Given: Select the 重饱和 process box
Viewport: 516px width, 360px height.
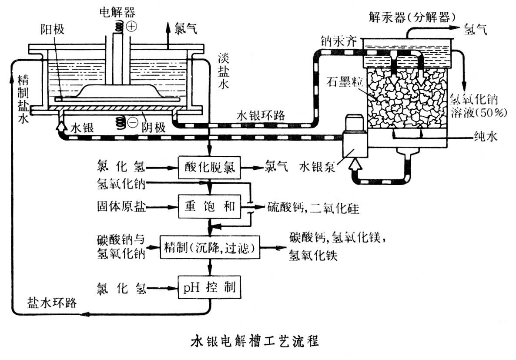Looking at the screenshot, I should (210, 206).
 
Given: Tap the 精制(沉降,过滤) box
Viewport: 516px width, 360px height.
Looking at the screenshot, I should (210, 248).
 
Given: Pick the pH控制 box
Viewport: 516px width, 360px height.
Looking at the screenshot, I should (210, 287).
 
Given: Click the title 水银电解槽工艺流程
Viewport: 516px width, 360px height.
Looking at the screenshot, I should (255, 340).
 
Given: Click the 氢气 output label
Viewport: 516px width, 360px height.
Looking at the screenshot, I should (476, 29).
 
